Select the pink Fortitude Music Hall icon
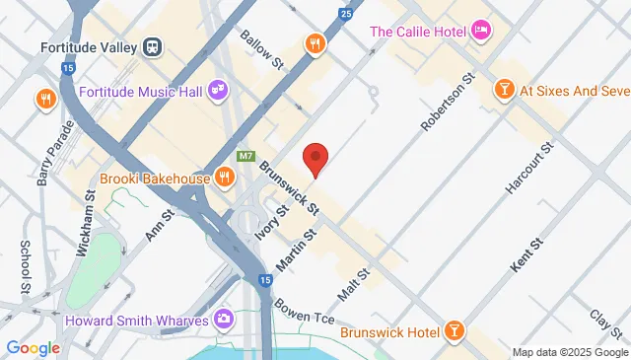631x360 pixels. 217,92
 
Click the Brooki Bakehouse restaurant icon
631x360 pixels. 225,179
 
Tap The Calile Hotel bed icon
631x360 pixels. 481,31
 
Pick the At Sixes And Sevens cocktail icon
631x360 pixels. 503,91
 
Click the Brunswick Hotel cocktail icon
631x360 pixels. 454,329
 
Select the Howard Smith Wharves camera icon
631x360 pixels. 225,319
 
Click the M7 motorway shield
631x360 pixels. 246,157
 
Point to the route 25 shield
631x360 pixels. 344,15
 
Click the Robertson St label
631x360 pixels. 449,102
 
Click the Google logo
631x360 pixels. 33,347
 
